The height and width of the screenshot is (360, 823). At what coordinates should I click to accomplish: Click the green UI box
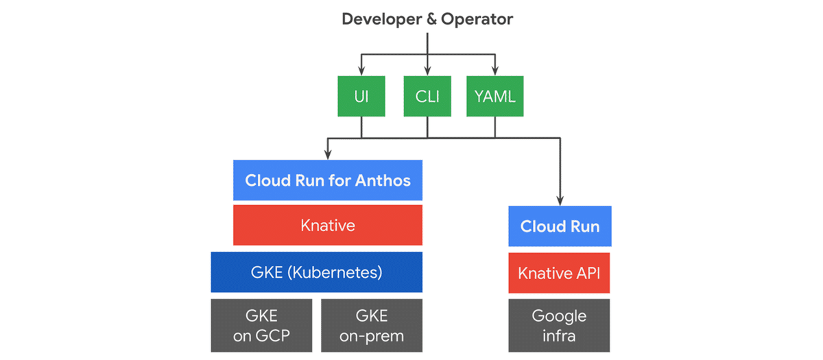pyautogui.click(x=361, y=96)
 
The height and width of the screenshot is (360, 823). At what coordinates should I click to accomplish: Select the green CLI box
pyautogui.click(x=427, y=96)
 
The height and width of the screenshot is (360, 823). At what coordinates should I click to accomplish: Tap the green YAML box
pyautogui.click(x=494, y=96)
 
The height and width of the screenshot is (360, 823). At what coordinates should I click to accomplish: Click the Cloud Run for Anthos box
pyautogui.click(x=328, y=180)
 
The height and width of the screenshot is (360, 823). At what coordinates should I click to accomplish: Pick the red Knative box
pyautogui.click(x=328, y=225)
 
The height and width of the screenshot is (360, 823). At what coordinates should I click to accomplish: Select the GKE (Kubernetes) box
pyautogui.click(x=316, y=272)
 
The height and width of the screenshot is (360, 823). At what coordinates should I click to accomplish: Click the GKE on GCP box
pyautogui.click(x=261, y=325)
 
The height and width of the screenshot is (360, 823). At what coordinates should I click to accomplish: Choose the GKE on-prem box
pyautogui.click(x=372, y=325)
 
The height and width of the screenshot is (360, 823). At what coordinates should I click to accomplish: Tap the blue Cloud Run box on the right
pyautogui.click(x=560, y=226)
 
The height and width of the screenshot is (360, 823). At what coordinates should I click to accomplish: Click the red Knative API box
pyautogui.click(x=560, y=272)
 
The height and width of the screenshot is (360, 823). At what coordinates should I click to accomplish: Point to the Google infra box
pyautogui.click(x=559, y=325)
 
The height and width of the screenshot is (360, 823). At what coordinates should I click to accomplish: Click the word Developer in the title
pyautogui.click(x=381, y=19)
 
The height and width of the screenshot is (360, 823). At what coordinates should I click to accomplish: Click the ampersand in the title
pyautogui.click(x=431, y=19)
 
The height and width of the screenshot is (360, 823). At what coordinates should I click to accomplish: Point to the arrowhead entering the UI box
pyautogui.click(x=361, y=71)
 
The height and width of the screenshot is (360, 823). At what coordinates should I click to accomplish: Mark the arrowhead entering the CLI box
pyautogui.click(x=427, y=71)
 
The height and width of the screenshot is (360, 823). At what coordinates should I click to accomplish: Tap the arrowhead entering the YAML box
pyautogui.click(x=494, y=71)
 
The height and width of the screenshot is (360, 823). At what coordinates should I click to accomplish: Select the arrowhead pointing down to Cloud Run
pyautogui.click(x=560, y=201)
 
